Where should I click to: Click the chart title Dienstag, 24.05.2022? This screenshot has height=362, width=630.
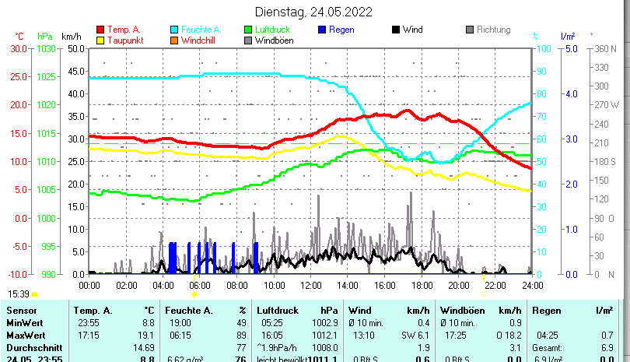[x=313, y=12]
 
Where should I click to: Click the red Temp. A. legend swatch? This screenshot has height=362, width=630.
[x=100, y=30]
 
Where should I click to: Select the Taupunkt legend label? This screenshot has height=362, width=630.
[x=124, y=40]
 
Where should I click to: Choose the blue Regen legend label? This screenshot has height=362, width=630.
[x=341, y=30]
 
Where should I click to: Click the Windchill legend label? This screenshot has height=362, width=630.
[x=200, y=40]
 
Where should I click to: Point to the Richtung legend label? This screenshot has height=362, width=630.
[x=493, y=30]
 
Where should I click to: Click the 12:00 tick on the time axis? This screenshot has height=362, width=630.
[x=310, y=285]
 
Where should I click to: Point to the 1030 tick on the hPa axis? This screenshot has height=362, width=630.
[x=47, y=48]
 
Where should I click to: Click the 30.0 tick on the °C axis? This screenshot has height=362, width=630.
[x=19, y=48]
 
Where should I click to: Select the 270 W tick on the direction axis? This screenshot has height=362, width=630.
[x=607, y=105]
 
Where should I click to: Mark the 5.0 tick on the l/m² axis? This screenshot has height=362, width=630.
[x=569, y=48]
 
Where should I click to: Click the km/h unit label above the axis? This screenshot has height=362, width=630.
[x=71, y=37]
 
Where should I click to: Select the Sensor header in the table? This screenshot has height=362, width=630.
[x=21, y=310]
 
